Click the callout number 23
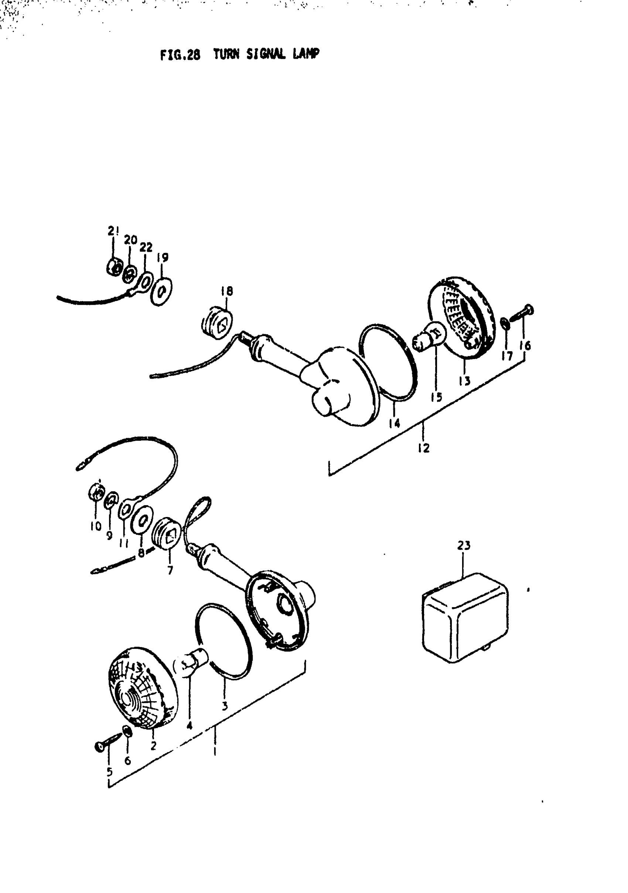point(464,546)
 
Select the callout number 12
point(424,448)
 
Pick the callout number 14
point(395,423)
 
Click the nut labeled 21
point(113,267)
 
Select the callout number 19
point(163,257)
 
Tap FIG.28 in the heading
point(180,55)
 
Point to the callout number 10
point(96,526)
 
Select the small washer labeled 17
point(504,324)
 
